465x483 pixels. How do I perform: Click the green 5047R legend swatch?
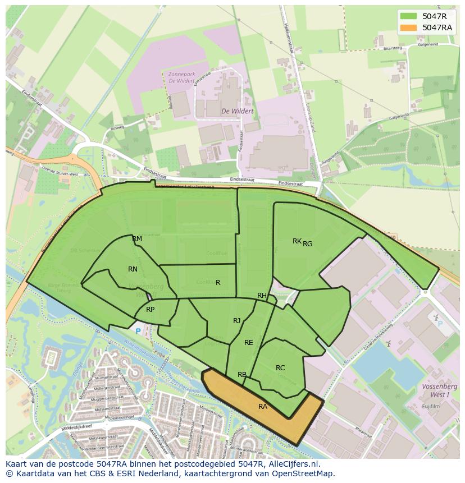coord(409,16)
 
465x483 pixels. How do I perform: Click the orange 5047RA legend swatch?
coord(409,27)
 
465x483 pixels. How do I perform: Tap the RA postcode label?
coord(263,407)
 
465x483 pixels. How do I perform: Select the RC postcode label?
coord(280,368)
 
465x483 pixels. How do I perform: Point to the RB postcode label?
coord(242,375)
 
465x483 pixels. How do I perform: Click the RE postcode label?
coord(248,343)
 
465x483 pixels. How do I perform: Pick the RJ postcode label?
coord(237,321)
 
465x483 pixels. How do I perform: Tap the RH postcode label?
coord(262,296)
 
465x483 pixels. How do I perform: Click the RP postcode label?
coord(150,310)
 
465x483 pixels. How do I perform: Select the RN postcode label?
coord(133,269)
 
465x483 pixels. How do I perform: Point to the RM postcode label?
coord(137,239)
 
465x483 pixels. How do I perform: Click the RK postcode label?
coord(297,241)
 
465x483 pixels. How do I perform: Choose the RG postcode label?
coord(308,244)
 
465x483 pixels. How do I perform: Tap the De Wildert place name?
coord(237,111)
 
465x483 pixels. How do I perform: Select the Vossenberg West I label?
coord(440,390)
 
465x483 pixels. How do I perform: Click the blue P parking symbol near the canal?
coord(138,332)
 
